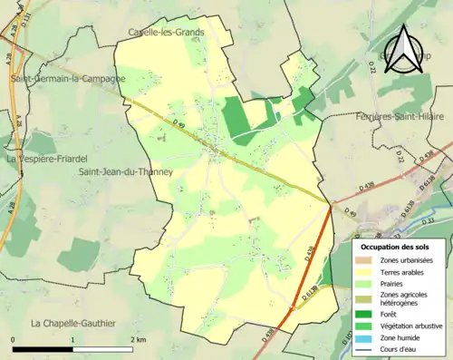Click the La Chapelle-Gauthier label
pyautogui.click(x=73, y=323)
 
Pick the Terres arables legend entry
pyautogui.click(x=400, y=272)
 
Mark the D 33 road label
pyautogui.click(x=428, y=220)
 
